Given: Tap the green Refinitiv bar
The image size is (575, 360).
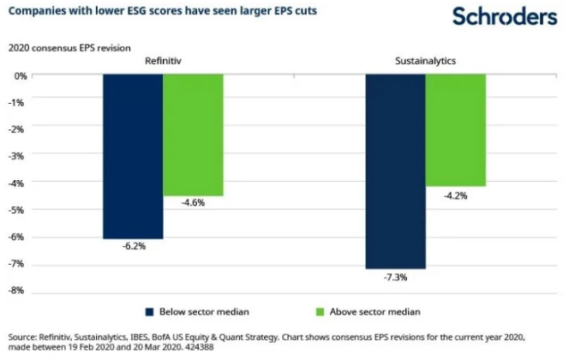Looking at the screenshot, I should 194,135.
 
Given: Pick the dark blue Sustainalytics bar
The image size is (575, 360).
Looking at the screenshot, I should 395,171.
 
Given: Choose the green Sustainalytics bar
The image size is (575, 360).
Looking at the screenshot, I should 456,129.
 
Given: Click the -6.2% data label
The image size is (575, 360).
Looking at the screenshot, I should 133,246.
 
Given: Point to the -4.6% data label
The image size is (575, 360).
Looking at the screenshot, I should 194,203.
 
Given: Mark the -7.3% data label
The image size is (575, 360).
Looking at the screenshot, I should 395,277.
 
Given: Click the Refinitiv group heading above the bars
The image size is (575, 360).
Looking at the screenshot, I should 163,62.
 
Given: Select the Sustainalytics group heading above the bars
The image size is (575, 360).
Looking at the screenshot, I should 425,62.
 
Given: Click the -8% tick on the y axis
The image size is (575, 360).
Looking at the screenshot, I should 16,291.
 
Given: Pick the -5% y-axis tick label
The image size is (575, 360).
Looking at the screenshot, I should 16,210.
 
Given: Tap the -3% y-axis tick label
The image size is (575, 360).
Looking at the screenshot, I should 16,156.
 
